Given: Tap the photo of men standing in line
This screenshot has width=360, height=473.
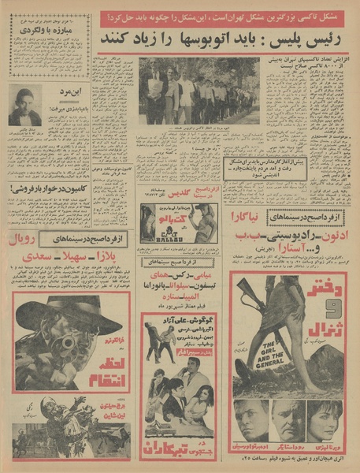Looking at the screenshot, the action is [199, 91].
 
